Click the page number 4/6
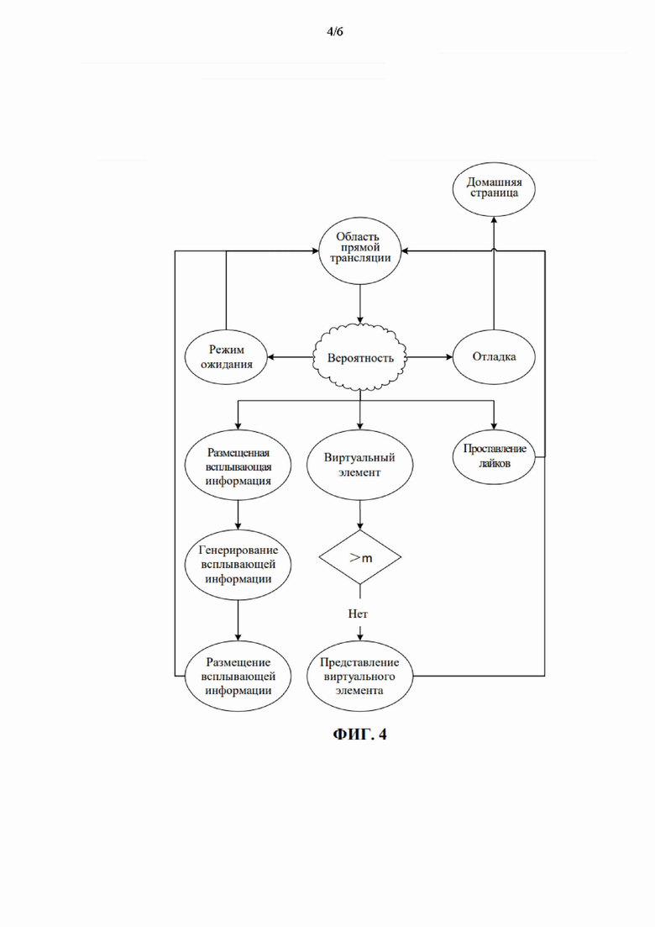coord(334,32)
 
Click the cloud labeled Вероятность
coord(360,358)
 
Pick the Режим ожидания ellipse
coord(226,357)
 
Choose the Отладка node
coord(494,357)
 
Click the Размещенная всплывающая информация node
coord(238,466)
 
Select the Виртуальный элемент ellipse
coord(359,466)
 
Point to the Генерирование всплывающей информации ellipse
coord(238,565)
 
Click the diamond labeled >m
coord(360,557)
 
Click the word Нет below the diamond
coord(358,614)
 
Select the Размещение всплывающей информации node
coord(238,676)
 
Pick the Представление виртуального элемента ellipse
coord(359,676)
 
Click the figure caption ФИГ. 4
coord(359,735)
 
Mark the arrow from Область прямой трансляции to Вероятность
coord(360,304)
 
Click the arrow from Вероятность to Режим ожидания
coord(290,357)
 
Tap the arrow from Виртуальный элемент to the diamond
coord(360,515)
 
